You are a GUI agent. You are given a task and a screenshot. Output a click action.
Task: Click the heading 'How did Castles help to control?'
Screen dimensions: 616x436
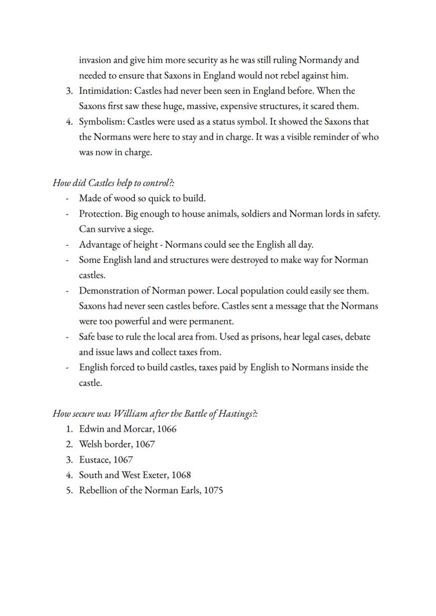click(113, 183)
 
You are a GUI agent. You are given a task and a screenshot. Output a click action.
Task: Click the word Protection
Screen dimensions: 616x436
click(101, 214)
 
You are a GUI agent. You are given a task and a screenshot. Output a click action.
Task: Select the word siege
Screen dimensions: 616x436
click(142, 229)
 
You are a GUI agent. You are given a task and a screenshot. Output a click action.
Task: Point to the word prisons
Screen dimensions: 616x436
click(264, 337)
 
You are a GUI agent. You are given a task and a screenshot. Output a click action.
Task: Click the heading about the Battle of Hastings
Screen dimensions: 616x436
click(155, 414)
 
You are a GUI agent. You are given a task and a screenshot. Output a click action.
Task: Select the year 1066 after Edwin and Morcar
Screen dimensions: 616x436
click(167, 429)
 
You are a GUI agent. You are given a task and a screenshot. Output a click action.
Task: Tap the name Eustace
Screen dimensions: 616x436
click(94, 459)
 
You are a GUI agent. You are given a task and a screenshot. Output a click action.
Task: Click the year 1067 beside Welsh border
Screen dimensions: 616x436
click(145, 444)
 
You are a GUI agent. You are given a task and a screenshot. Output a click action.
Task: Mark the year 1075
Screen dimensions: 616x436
click(213, 490)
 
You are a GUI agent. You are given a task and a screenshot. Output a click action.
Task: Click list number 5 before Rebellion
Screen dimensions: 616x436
click(69, 490)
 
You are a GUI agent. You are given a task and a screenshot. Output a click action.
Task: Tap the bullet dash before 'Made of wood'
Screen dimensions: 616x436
click(67, 199)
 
